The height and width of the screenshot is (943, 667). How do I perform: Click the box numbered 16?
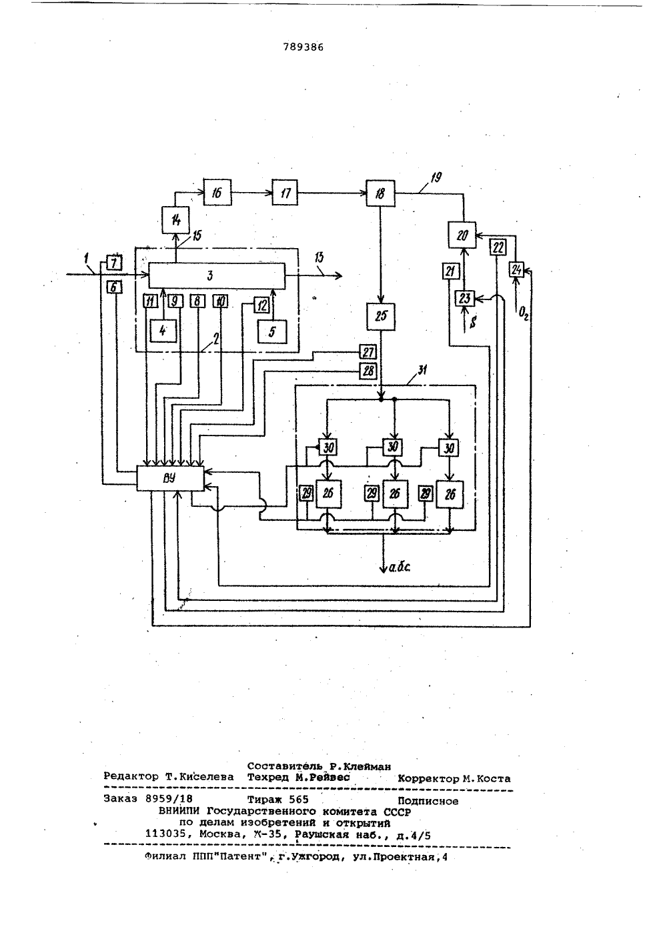point(217,192)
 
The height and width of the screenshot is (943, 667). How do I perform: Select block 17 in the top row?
point(285,193)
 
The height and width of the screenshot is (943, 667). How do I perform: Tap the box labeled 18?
point(380,193)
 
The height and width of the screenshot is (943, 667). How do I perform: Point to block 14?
point(175,220)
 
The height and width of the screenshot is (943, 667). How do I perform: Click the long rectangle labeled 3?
point(217,275)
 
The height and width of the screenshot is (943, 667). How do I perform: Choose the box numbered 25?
point(381,316)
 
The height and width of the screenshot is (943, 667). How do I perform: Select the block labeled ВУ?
point(170,478)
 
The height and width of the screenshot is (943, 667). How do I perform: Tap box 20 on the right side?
point(462,235)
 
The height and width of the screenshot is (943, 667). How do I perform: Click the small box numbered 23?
point(464,299)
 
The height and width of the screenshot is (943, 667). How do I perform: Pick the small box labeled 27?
point(368,351)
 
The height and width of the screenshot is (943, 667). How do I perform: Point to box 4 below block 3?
point(163,331)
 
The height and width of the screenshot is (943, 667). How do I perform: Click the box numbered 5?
point(271,331)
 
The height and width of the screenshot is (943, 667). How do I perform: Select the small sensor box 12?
point(261,305)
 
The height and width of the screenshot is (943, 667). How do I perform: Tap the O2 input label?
point(523,314)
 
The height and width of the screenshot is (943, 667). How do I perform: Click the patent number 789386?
point(303,47)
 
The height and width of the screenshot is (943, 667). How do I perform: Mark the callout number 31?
point(422,370)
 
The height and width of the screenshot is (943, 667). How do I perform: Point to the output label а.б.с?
point(400,568)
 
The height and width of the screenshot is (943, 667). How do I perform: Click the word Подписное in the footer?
point(428,801)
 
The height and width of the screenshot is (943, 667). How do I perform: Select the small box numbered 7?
point(113,263)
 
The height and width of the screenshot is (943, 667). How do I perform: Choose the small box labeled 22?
point(498,247)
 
